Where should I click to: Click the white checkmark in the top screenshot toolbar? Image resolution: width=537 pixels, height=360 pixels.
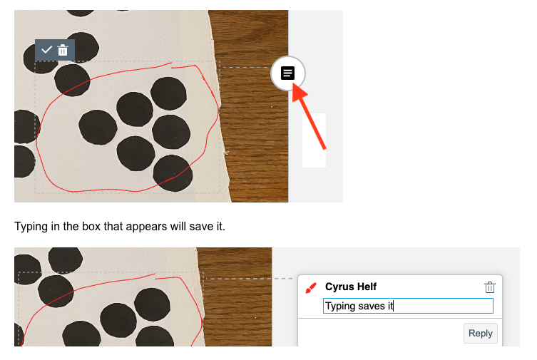(46, 50)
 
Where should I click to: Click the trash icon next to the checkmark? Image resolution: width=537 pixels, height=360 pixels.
(63, 50)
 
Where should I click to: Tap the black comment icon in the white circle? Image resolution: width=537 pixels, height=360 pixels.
(287, 73)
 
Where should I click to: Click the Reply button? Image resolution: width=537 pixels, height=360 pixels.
(481, 334)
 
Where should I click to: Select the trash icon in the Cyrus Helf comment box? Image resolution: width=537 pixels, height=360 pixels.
(490, 287)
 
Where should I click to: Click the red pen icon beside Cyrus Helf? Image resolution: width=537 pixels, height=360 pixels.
(311, 288)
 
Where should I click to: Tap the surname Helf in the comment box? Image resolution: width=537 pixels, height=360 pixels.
(367, 287)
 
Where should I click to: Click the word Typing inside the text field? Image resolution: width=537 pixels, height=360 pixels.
(340, 306)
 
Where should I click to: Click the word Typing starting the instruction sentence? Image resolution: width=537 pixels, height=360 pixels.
(31, 227)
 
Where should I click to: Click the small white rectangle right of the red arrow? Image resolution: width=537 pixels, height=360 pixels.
(314, 140)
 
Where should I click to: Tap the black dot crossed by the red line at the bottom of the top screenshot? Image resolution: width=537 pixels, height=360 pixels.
(173, 173)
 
